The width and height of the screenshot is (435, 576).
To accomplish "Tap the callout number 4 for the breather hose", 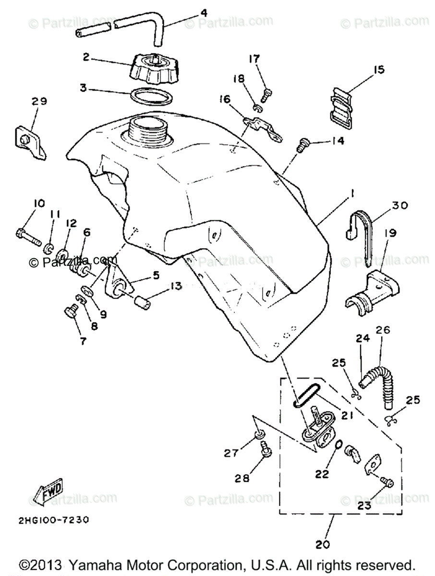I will click(204, 13).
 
